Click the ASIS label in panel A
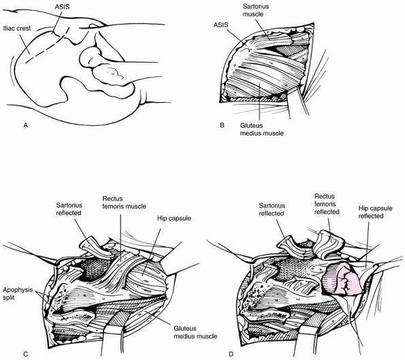(62, 6)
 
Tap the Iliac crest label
(17, 28)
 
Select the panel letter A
(25, 125)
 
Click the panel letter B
(222, 125)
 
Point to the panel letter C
(25, 354)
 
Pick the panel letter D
(231, 354)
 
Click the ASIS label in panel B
(221, 25)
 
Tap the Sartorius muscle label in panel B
(256, 10)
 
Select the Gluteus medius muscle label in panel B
(261, 129)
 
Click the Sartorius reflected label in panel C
(69, 209)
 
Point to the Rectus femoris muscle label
(125, 203)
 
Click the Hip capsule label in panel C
(174, 218)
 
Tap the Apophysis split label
(18, 293)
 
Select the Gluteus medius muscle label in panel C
(195, 332)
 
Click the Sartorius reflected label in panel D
(272, 210)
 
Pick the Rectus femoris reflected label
(327, 204)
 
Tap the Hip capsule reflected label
(375, 212)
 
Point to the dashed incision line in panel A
(47, 45)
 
